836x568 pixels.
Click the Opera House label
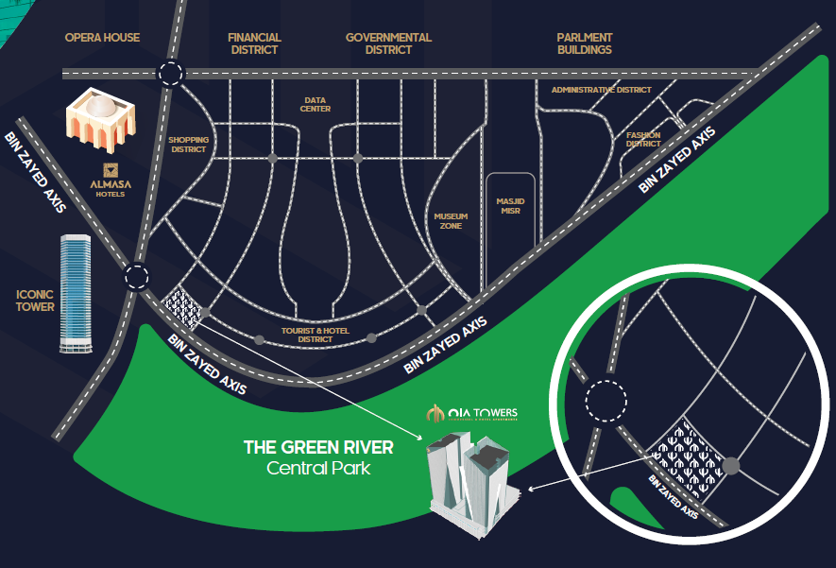(x=102, y=38)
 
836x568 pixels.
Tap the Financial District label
(x=255, y=43)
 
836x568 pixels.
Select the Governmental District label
(x=388, y=43)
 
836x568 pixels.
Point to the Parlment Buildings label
(x=584, y=43)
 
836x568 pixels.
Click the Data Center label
(x=316, y=104)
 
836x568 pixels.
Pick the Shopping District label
(x=188, y=145)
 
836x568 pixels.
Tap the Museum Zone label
(x=451, y=221)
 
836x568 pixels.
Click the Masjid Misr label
(x=510, y=205)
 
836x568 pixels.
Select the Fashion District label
(x=643, y=140)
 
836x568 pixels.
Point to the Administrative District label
(x=602, y=90)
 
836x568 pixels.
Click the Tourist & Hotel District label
(x=316, y=335)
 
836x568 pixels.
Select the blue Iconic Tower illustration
(x=76, y=293)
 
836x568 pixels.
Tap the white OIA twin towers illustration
(x=469, y=477)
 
